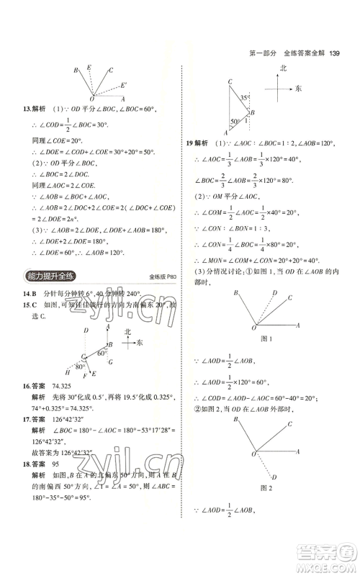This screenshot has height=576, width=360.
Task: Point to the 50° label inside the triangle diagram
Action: click(x=234, y=121)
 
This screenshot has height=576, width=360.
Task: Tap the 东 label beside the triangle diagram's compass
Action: click(x=298, y=89)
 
